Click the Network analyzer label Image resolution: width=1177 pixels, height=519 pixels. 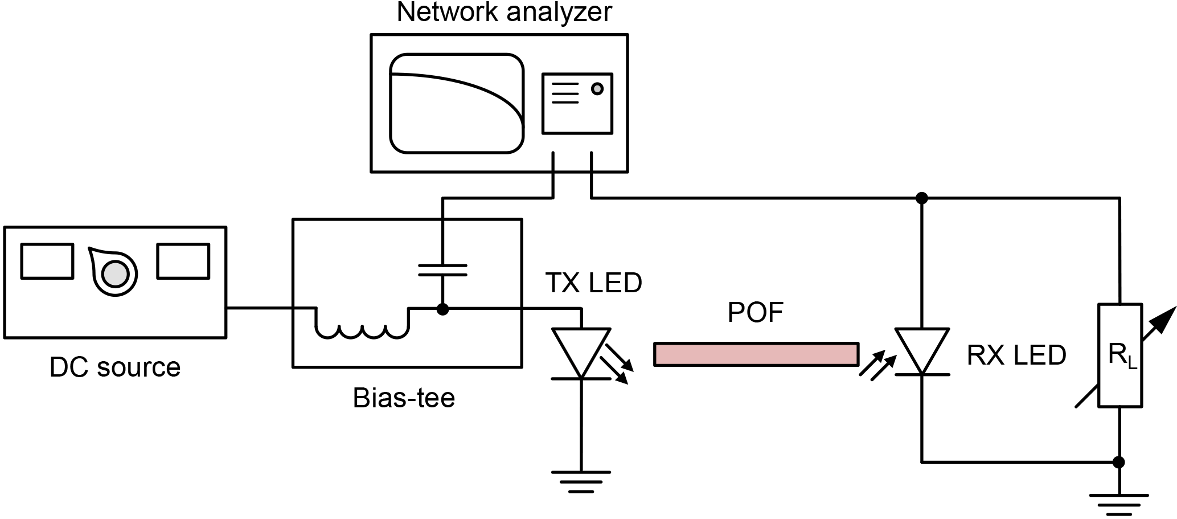click(x=504, y=13)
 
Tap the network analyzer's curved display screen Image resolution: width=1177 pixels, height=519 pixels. click(x=456, y=103)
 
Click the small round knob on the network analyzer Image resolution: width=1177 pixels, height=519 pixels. click(x=597, y=89)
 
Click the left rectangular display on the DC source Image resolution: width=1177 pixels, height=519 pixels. click(x=47, y=261)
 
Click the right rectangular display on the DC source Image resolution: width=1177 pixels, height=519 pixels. click(x=183, y=261)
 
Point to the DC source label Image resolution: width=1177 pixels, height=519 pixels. click(x=115, y=367)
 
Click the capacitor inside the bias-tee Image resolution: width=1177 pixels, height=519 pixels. click(x=442, y=269)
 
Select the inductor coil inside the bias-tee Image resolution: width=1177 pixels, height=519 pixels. click(x=362, y=328)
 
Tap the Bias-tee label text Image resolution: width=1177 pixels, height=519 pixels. click(x=404, y=398)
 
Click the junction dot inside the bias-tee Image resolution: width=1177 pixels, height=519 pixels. click(x=442, y=309)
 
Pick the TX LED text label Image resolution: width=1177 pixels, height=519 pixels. click(x=593, y=283)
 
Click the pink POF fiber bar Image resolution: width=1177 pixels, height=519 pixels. click(x=756, y=354)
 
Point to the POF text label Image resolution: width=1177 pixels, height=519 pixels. click(x=756, y=313)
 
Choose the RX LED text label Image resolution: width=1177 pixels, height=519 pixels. click(x=1016, y=355)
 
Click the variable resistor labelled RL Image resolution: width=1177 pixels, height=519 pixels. click(x=1119, y=355)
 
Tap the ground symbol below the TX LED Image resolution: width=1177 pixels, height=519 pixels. click(x=581, y=480)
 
